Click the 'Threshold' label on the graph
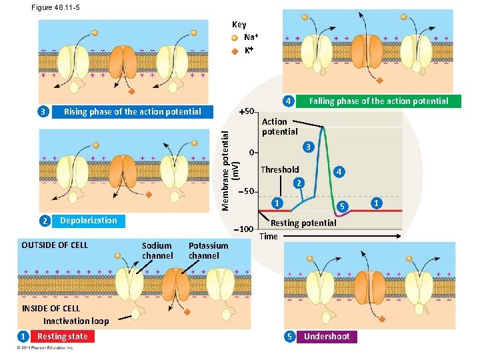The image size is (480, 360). [x=279, y=169]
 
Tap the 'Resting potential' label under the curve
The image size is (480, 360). [x=303, y=223]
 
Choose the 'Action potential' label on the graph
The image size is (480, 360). [x=279, y=127]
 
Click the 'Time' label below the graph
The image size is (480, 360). [x=268, y=236]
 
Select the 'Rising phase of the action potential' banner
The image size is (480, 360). [x=132, y=112]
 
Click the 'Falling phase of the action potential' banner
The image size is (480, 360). [x=379, y=101]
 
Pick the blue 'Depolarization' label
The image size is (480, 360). [x=88, y=221]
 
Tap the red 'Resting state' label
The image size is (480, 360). [x=62, y=337]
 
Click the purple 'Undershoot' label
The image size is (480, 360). [x=327, y=337]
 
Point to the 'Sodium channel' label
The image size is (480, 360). [x=157, y=251]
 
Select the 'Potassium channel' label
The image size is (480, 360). [x=208, y=251]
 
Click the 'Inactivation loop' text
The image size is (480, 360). [x=76, y=321]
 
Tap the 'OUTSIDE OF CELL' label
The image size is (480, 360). [x=55, y=245]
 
